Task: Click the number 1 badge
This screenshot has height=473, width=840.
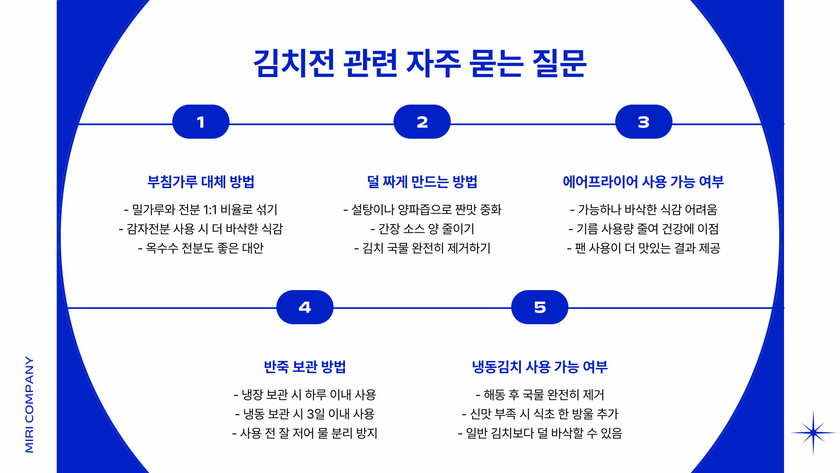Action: click(201, 122)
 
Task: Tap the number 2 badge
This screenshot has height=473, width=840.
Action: click(422, 122)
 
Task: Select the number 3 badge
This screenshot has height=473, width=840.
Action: click(643, 122)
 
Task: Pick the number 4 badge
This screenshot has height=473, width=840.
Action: click(305, 307)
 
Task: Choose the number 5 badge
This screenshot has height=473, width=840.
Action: click(540, 307)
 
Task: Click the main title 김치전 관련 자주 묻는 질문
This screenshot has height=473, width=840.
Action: click(420, 63)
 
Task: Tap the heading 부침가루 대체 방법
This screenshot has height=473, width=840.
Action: click(201, 182)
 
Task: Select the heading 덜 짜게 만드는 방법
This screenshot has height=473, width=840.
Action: click(422, 182)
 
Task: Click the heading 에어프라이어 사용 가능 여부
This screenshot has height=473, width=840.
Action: click(643, 182)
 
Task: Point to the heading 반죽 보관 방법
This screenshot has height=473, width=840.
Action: click(305, 367)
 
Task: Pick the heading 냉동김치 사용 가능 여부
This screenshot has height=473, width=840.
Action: click(540, 367)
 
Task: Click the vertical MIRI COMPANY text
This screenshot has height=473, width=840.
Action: click(29, 404)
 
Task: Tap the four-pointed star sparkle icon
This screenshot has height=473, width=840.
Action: click(813, 433)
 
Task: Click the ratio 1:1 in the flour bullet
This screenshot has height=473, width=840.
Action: click(210, 210)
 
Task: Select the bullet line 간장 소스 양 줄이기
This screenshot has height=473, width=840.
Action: click(422, 229)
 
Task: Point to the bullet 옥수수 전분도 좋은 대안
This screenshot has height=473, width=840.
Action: click(201, 248)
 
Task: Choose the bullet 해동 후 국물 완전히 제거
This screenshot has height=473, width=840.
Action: click(540, 395)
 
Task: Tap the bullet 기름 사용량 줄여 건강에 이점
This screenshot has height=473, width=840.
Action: click(643, 229)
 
